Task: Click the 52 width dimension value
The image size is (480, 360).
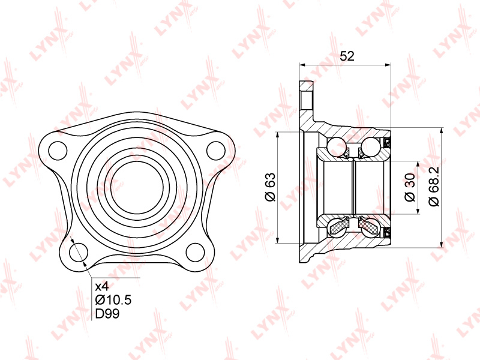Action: click(347, 56)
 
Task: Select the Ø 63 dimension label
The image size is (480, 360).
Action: click(271, 187)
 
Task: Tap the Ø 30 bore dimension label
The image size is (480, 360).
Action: click(410, 187)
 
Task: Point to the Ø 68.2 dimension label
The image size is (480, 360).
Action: click(434, 187)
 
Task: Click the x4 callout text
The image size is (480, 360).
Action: click(102, 287)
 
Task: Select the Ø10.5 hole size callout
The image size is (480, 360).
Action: click(113, 300)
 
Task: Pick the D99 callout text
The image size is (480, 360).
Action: click(107, 313)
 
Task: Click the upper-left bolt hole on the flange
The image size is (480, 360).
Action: click(58, 151)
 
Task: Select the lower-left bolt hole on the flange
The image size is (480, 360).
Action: click(79, 252)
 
